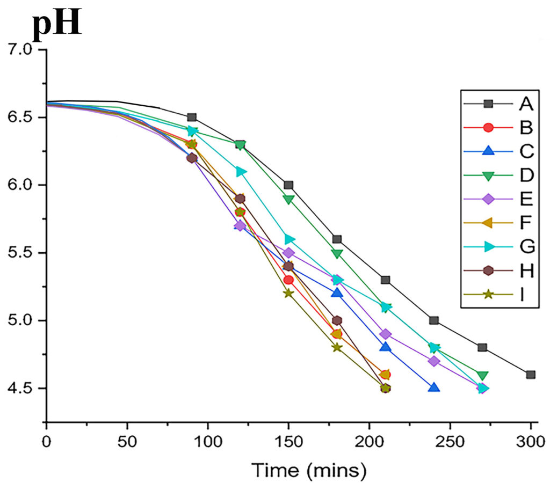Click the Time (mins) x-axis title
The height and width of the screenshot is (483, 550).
pyautogui.click(x=310, y=470)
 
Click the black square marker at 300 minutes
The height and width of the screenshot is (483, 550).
pyautogui.click(x=531, y=375)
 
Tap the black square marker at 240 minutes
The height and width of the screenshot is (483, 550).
pyautogui.click(x=434, y=320)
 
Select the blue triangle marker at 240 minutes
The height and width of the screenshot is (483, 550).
pyautogui.click(x=434, y=387)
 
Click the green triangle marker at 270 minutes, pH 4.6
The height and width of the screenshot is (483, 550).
pyautogui.click(x=482, y=375)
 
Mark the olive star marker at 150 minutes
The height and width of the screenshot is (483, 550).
pyautogui.click(x=288, y=293)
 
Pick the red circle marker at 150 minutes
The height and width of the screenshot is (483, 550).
pyautogui.click(x=288, y=280)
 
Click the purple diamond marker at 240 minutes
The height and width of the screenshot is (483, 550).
pyautogui.click(x=434, y=361)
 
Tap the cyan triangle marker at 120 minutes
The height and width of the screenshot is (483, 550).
pyautogui.click(x=241, y=172)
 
